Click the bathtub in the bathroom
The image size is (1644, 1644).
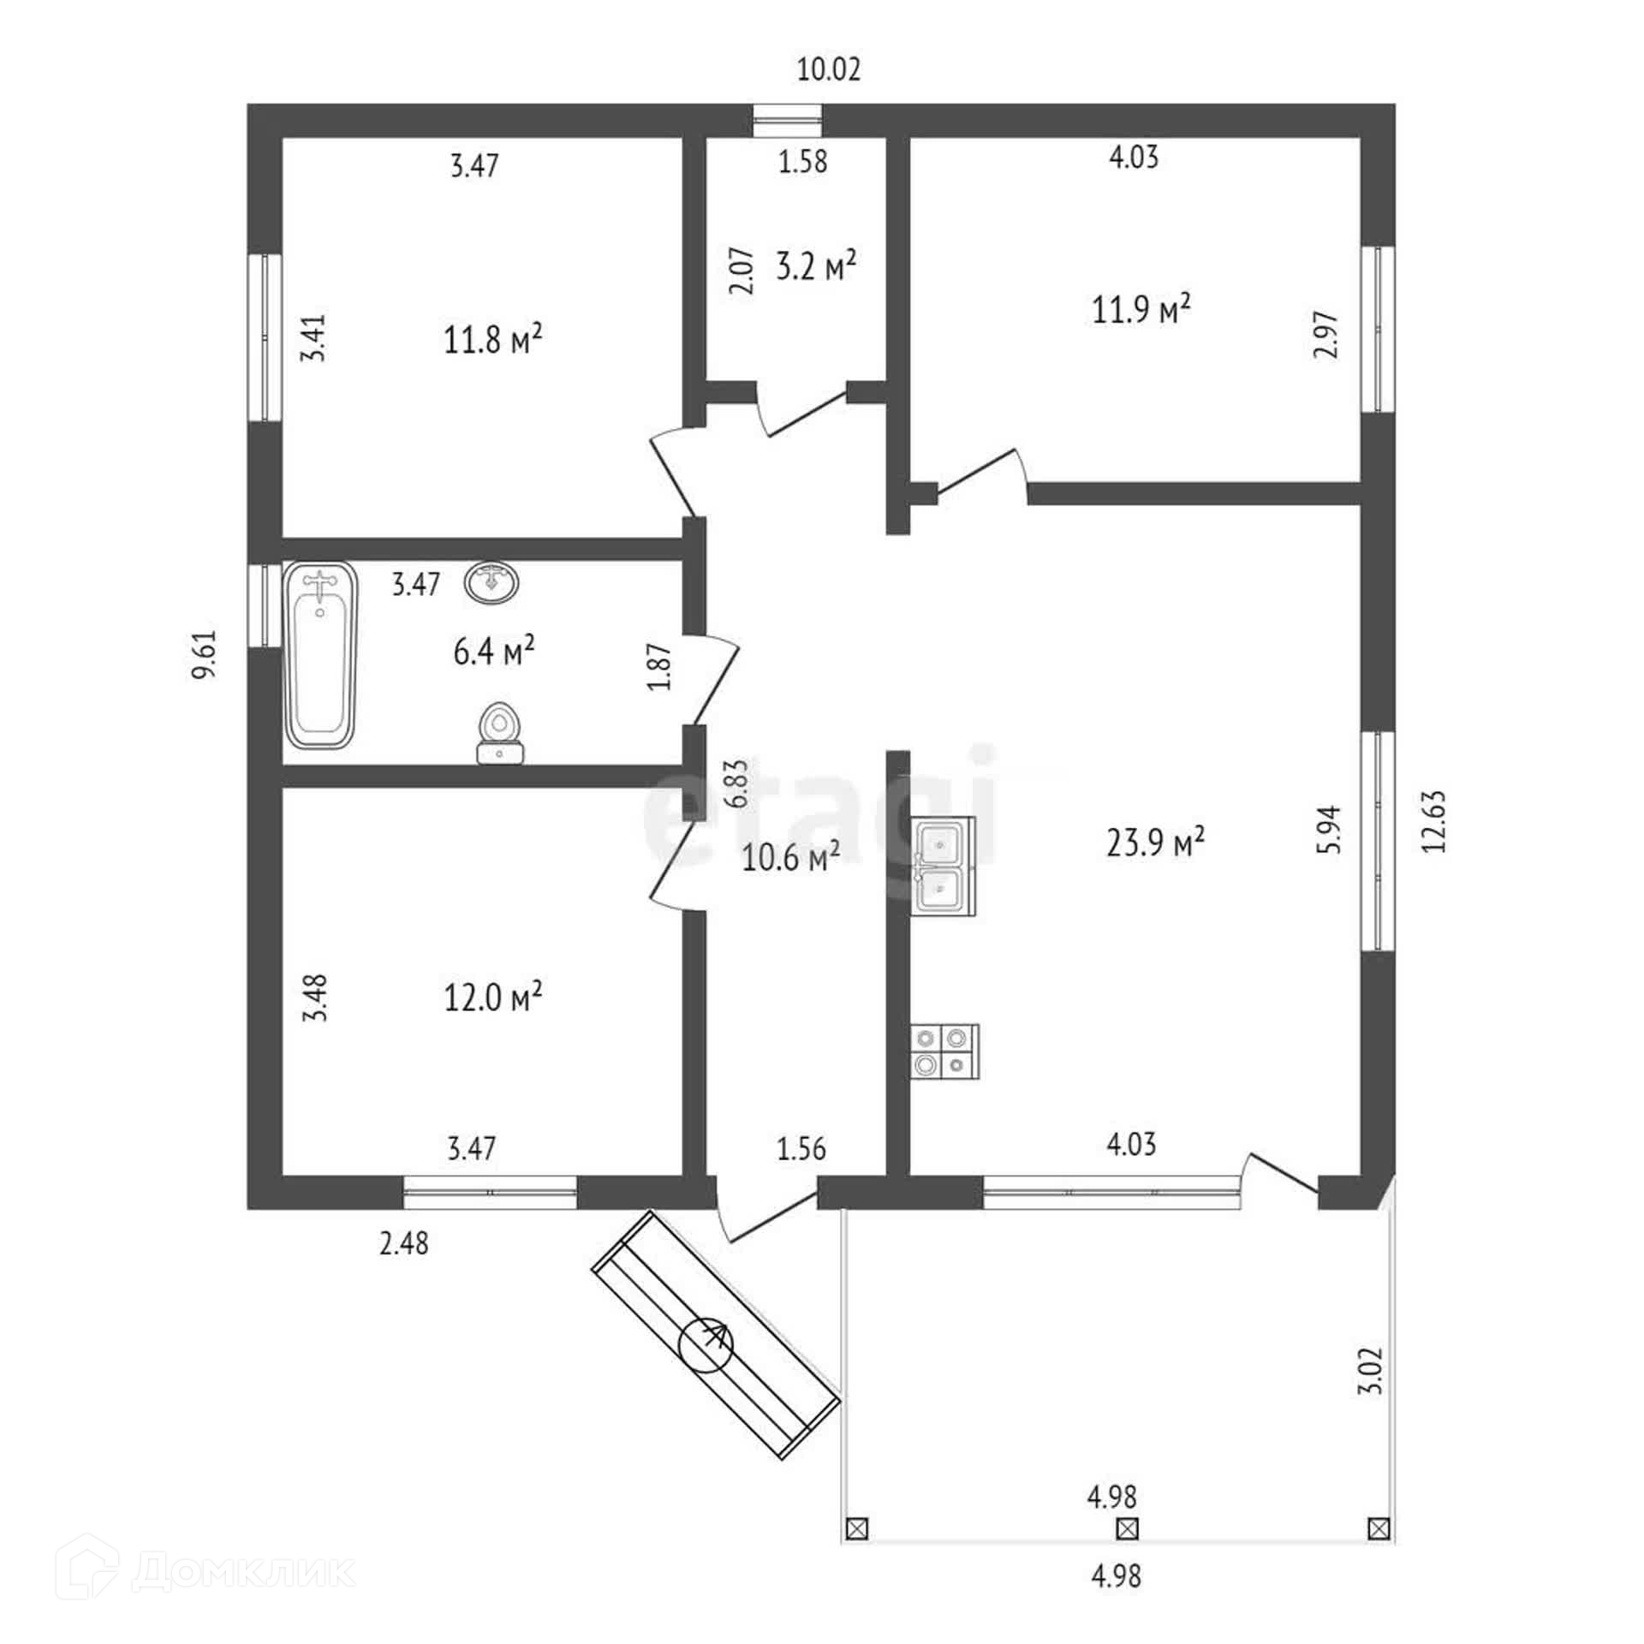pyautogui.click(x=319, y=655)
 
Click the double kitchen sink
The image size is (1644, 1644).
pyautogui.click(x=944, y=866)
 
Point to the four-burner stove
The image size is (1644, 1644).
pyautogui.click(x=944, y=1051)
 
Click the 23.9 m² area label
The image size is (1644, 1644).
pyautogui.click(x=1156, y=843)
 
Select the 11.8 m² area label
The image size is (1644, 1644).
pyautogui.click(x=493, y=340)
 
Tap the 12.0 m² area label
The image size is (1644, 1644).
pyautogui.click(x=493, y=997)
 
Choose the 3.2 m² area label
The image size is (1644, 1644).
pyautogui.click(x=815, y=266)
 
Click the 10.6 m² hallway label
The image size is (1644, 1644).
pyautogui.click(x=790, y=857)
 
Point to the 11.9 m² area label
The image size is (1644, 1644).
pyautogui.click(x=1141, y=309)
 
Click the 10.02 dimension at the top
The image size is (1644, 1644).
pyautogui.click(x=828, y=69)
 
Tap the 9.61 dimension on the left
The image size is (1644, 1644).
pyautogui.click(x=205, y=655)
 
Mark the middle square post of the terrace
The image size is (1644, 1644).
pyautogui.click(x=1128, y=1528)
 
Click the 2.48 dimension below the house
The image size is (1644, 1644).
pyautogui.click(x=404, y=1243)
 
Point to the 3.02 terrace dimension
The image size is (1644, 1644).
pyautogui.click(x=1371, y=1396)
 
